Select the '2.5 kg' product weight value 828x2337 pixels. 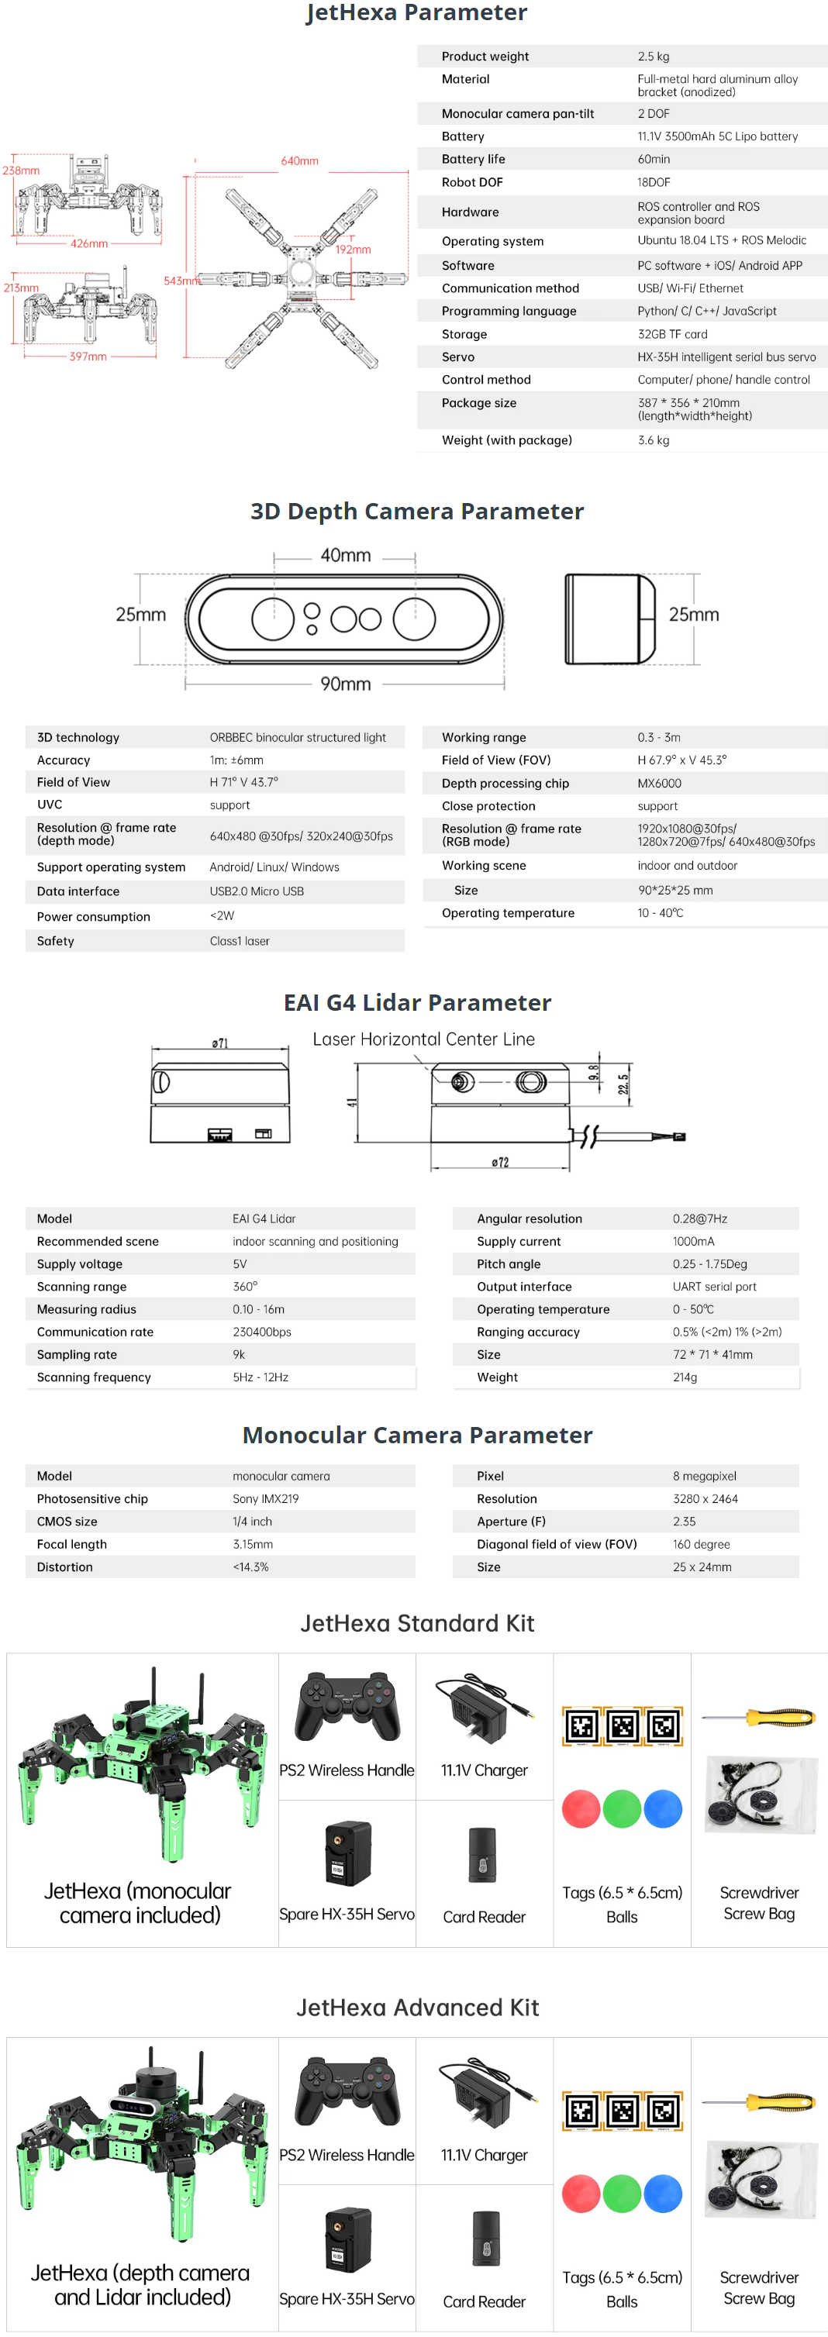point(653,57)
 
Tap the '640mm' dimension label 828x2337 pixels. point(298,161)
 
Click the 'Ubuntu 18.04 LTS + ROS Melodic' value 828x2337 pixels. point(721,240)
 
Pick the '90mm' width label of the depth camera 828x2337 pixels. point(345,684)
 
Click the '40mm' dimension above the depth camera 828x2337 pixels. point(345,555)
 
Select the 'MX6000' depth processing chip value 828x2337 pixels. point(658,783)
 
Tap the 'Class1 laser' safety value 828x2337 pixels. point(240,941)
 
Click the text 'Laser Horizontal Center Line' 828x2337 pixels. point(423,1039)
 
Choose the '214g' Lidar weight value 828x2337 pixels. point(685,1377)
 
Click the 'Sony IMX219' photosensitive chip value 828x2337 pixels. point(265,1499)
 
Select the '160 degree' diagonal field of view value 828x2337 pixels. point(701,1544)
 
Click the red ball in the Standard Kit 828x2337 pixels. point(580,1809)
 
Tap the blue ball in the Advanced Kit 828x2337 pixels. point(663,2194)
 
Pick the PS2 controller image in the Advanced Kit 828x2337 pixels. point(347,2092)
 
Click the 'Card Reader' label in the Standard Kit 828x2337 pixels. point(484,1917)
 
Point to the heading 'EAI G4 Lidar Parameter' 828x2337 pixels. point(417,1002)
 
